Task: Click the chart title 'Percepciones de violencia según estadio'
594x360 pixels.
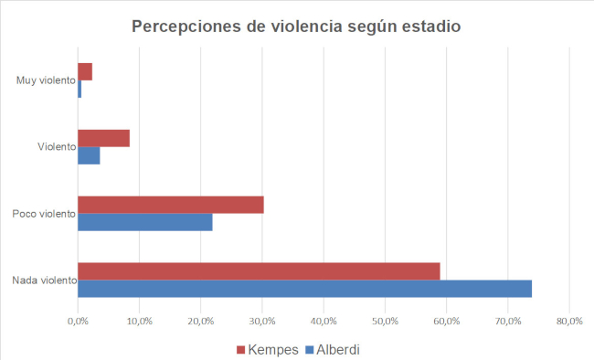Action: point(296,26)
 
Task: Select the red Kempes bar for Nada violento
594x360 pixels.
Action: point(259,271)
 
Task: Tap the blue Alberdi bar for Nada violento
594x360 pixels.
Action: point(304,289)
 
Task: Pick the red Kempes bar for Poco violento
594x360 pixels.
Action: point(171,205)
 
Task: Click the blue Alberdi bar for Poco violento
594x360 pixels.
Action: point(144,222)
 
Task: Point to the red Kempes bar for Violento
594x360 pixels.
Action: point(103,138)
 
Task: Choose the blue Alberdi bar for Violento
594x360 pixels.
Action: point(89,155)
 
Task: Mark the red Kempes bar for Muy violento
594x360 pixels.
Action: point(85,71)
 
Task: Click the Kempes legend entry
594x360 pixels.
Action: point(267,349)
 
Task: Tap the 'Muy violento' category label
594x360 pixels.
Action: point(46,80)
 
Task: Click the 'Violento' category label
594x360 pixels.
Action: point(57,147)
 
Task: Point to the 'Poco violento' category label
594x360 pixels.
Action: point(44,214)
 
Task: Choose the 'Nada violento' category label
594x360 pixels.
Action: point(44,281)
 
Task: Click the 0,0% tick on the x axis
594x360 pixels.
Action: point(78,321)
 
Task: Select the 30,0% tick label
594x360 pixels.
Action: point(262,321)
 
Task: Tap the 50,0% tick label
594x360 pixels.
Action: point(385,321)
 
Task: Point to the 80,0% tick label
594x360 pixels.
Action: point(569,321)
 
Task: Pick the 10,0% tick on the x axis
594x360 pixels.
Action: point(139,321)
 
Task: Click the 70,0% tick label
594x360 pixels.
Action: point(508,321)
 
